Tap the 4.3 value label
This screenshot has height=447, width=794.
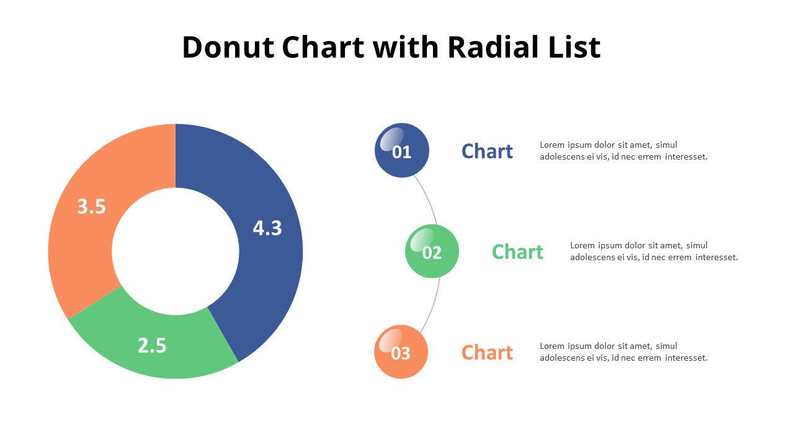click(267, 228)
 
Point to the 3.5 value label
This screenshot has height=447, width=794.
click(91, 207)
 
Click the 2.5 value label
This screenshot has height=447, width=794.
click(152, 346)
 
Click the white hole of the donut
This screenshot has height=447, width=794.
click(176, 251)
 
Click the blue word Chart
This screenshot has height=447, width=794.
click(487, 151)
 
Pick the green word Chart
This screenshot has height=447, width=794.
click(517, 251)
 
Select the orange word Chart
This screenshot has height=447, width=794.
click(487, 352)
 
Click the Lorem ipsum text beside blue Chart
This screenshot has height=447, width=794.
click(623, 151)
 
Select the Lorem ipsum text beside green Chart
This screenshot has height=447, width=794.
click(654, 251)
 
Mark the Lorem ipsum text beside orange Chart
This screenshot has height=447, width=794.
click(623, 352)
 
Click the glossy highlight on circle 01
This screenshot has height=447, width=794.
click(391, 139)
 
